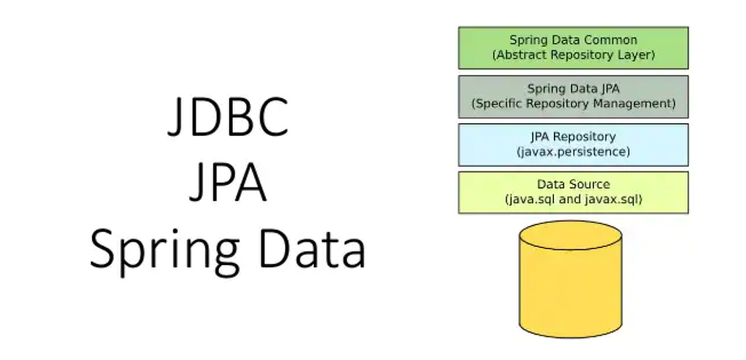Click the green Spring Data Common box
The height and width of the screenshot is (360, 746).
click(x=573, y=47)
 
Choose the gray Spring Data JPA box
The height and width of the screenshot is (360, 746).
click(x=573, y=96)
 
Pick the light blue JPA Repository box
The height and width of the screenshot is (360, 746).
click(x=573, y=144)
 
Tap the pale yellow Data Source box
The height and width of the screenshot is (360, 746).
click(x=573, y=192)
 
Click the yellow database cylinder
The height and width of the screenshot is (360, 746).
click(x=571, y=292)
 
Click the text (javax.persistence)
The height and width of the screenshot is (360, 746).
click(x=573, y=151)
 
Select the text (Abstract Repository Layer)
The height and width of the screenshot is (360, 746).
click(x=573, y=55)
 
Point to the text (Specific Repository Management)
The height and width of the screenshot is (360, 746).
click(x=573, y=103)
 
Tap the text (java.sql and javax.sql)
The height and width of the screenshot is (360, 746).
click(x=573, y=200)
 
